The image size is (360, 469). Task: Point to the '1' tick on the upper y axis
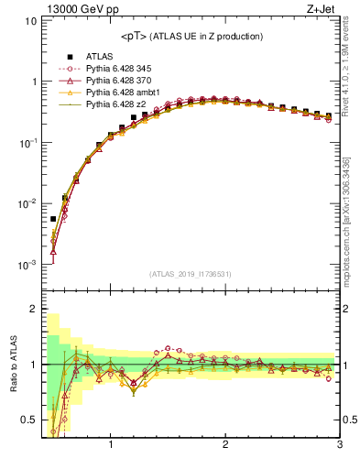pyautogui.click(x=33, y=82)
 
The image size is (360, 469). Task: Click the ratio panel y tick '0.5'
pyautogui.click(x=28, y=420)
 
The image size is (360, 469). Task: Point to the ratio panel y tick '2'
pyautogui.click(x=33, y=309)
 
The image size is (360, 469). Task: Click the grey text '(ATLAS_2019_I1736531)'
pyautogui.click(x=191, y=274)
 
